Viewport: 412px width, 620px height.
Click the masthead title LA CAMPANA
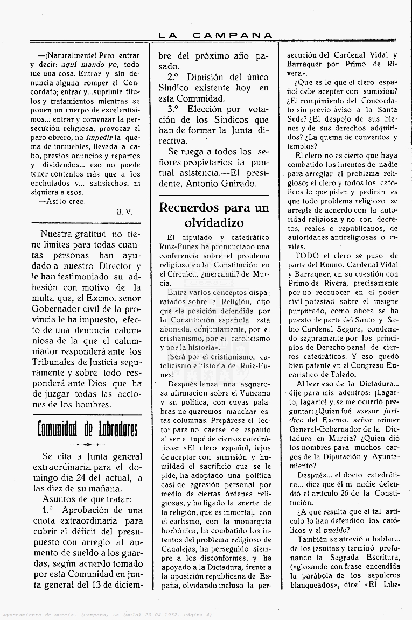[x=215, y=36]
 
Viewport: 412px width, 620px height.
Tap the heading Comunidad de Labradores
[x=87, y=429]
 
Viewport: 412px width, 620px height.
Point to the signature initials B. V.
[x=124, y=212]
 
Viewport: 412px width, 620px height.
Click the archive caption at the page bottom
[x=108, y=615]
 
